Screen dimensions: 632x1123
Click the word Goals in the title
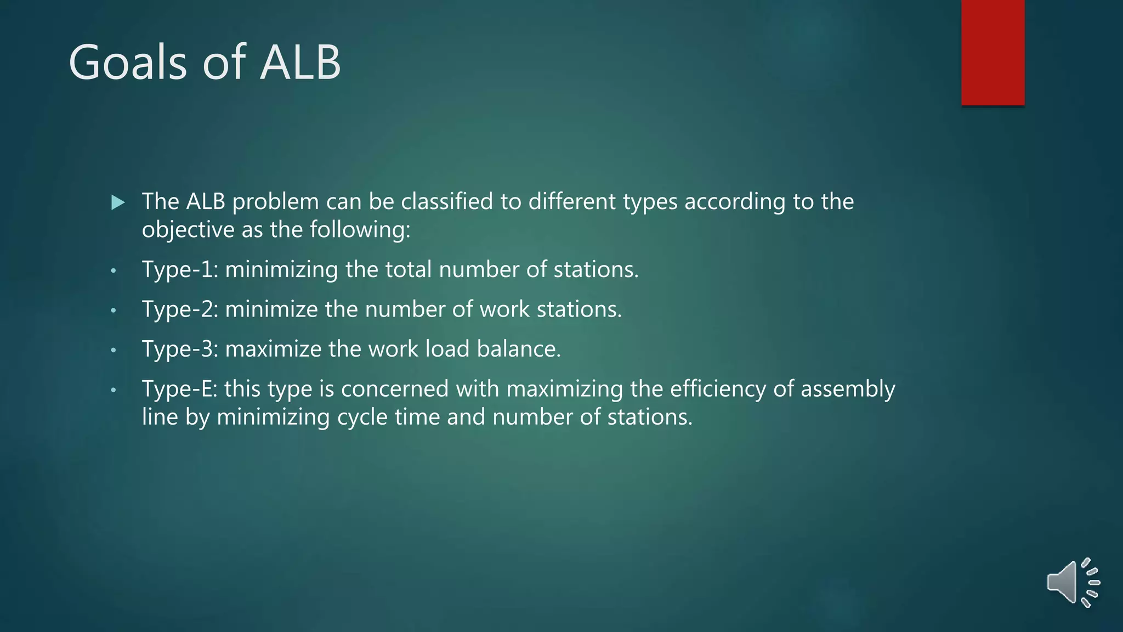pyautogui.click(x=128, y=63)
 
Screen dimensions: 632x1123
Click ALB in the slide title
pyautogui.click(x=300, y=63)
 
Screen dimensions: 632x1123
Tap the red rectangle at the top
pyautogui.click(x=992, y=52)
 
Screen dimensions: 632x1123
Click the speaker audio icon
pyautogui.click(x=1072, y=583)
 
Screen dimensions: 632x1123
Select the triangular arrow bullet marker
pyautogui.click(x=117, y=202)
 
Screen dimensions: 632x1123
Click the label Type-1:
pyautogui.click(x=180, y=269)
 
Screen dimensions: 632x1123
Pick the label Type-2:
pyautogui.click(x=180, y=309)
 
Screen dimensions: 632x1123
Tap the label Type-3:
pyautogui.click(x=180, y=349)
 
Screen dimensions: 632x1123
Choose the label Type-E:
pyautogui.click(x=179, y=389)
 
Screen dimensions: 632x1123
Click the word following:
pyautogui.click(x=360, y=229)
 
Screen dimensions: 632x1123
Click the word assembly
pyautogui.click(x=848, y=389)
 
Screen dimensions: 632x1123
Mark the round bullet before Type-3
pyautogui.click(x=114, y=350)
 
